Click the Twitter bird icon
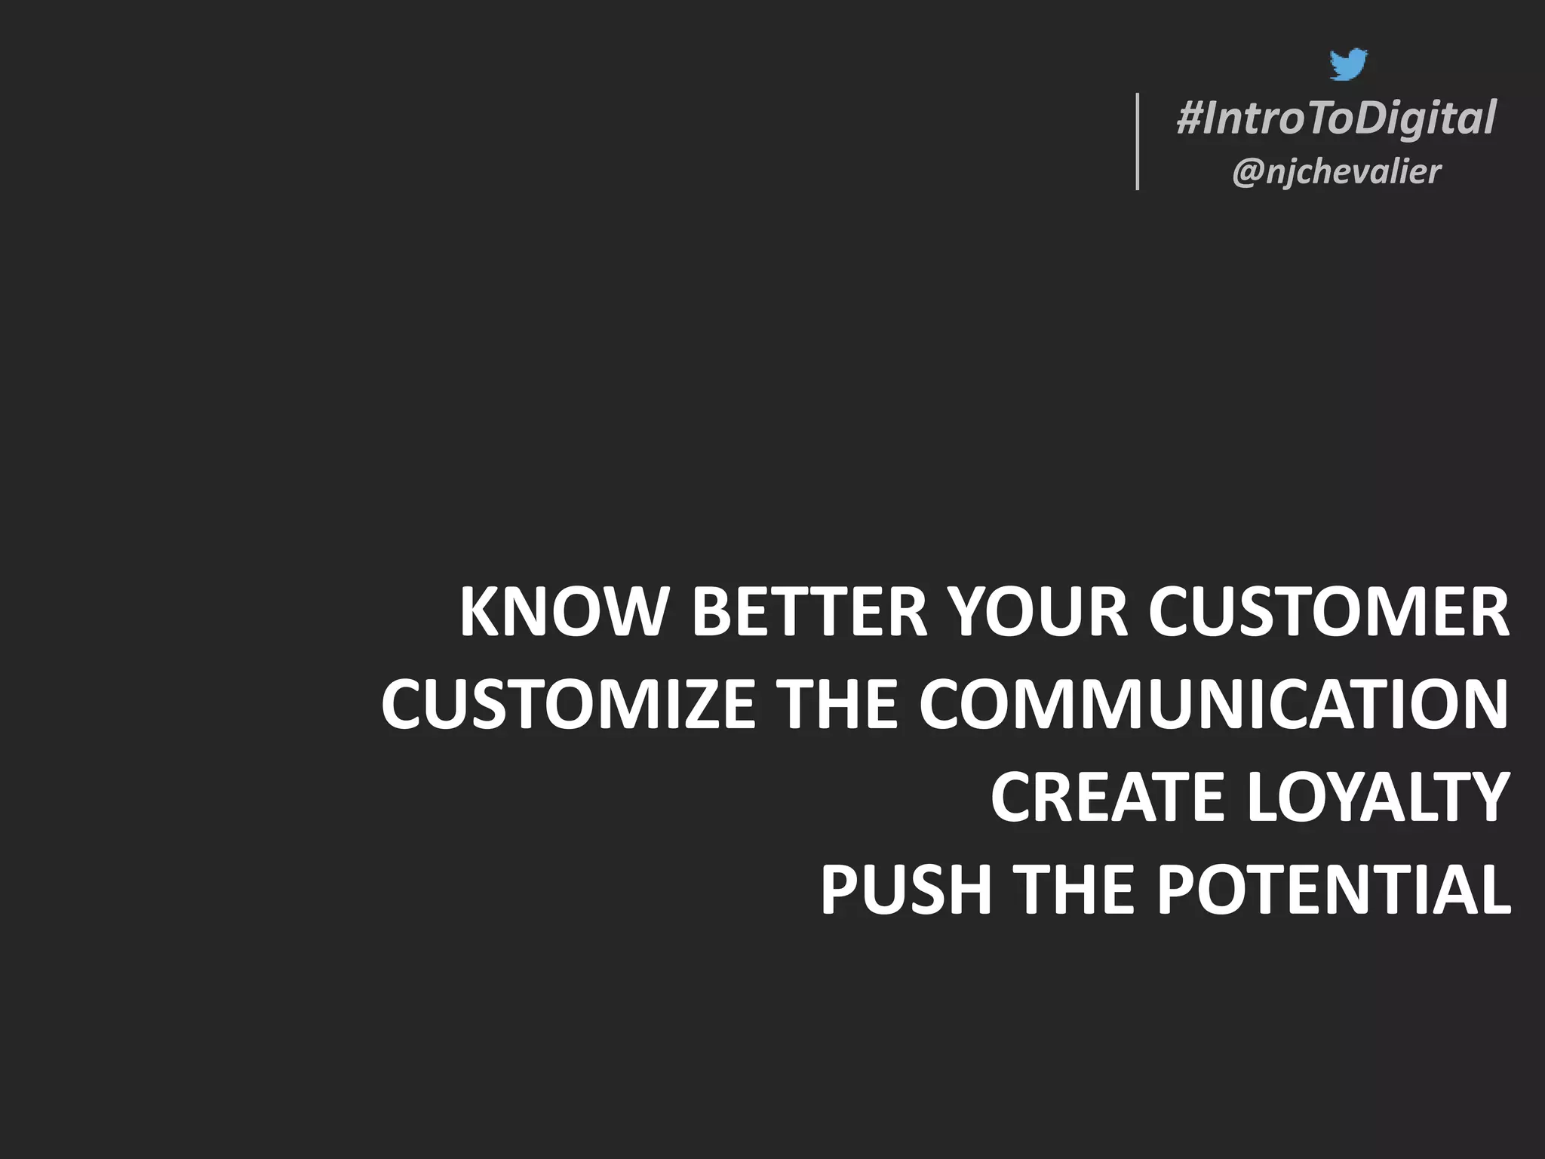(1348, 65)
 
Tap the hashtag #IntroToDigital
(1336, 119)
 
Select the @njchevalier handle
(1336, 172)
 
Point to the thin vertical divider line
(1138, 141)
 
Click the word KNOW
(562, 612)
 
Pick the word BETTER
(809, 612)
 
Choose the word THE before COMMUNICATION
(837, 704)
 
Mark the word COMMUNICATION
(1213, 704)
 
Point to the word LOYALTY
(1378, 797)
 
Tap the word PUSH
(905, 890)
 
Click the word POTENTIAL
(1334, 890)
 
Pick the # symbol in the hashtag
(1190, 119)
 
